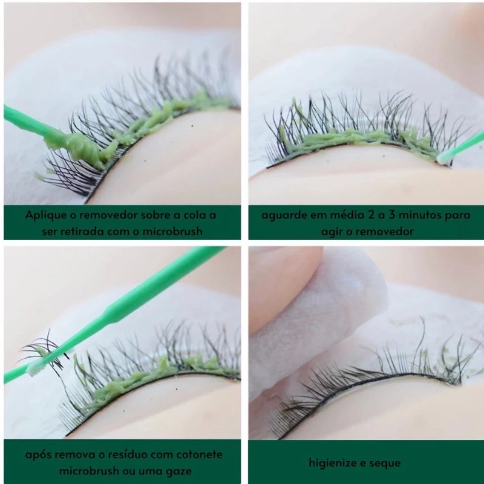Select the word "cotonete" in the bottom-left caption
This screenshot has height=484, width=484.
pos(200,455)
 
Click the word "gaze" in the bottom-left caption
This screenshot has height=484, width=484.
pos(178,472)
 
